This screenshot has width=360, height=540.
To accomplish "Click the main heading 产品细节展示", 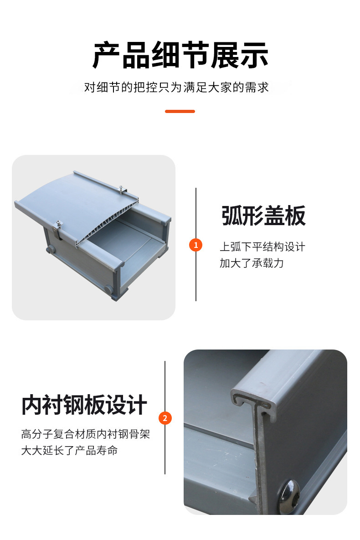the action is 180,55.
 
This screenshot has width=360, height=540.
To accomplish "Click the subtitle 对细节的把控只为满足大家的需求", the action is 176,87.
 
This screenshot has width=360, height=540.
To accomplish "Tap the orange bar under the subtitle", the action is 180,111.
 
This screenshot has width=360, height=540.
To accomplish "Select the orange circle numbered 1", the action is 195,245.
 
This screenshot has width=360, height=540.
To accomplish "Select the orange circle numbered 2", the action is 165,418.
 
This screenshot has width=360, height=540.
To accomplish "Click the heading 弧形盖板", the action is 263,216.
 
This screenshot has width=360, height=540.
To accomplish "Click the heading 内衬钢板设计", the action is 84,405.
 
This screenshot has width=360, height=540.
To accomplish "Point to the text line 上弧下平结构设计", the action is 262,247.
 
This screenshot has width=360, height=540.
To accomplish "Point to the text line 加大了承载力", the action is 252,263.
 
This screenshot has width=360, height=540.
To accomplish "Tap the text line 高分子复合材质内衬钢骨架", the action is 85,434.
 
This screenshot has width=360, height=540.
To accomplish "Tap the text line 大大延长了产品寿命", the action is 70,451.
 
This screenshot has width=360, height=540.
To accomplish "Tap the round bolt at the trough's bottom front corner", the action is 109,289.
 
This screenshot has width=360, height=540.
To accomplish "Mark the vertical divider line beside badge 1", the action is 195,245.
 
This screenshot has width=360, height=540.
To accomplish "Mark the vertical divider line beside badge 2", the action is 165,417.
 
